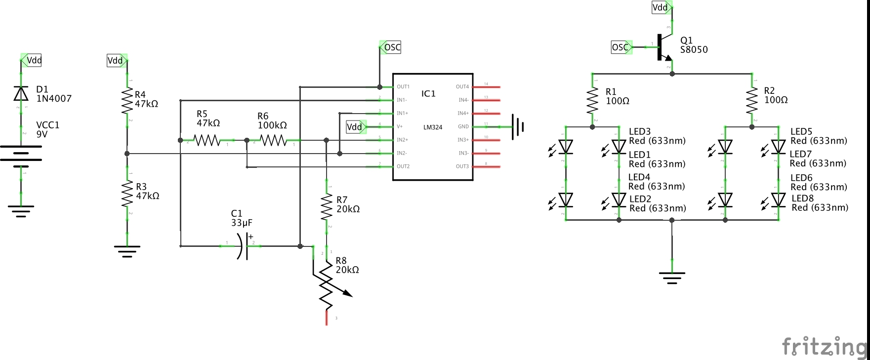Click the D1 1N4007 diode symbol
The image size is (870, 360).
pyautogui.click(x=21, y=93)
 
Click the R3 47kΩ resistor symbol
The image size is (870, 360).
pyautogui.click(x=127, y=193)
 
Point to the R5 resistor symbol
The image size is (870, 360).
pyautogui.click(x=207, y=141)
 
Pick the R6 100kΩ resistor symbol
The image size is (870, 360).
pyautogui.click(x=274, y=141)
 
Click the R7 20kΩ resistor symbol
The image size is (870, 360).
pyautogui.click(x=327, y=206)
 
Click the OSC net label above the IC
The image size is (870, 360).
pyautogui.click(x=391, y=47)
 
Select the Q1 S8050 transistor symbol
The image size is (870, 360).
pyautogui.click(x=663, y=47)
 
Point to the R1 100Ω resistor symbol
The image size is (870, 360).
pyautogui.click(x=592, y=101)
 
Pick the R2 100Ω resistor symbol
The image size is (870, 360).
pyautogui.click(x=752, y=100)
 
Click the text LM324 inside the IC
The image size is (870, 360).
pyautogui.click(x=432, y=127)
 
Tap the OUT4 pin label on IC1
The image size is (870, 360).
pyautogui.click(x=462, y=87)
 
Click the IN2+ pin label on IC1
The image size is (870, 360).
pyautogui.click(x=402, y=140)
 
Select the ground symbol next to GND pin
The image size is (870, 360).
pyautogui.click(x=518, y=127)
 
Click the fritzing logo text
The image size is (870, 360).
pyautogui.click(x=824, y=347)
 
